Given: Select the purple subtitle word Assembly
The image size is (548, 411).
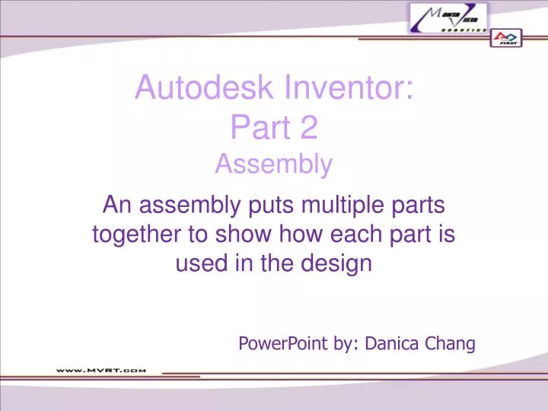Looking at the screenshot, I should [273, 164].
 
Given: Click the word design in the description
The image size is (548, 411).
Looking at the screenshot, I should [338, 263].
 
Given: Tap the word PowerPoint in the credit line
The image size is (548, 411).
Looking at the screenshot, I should [283, 343].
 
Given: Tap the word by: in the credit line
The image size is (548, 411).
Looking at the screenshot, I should [346, 343].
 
